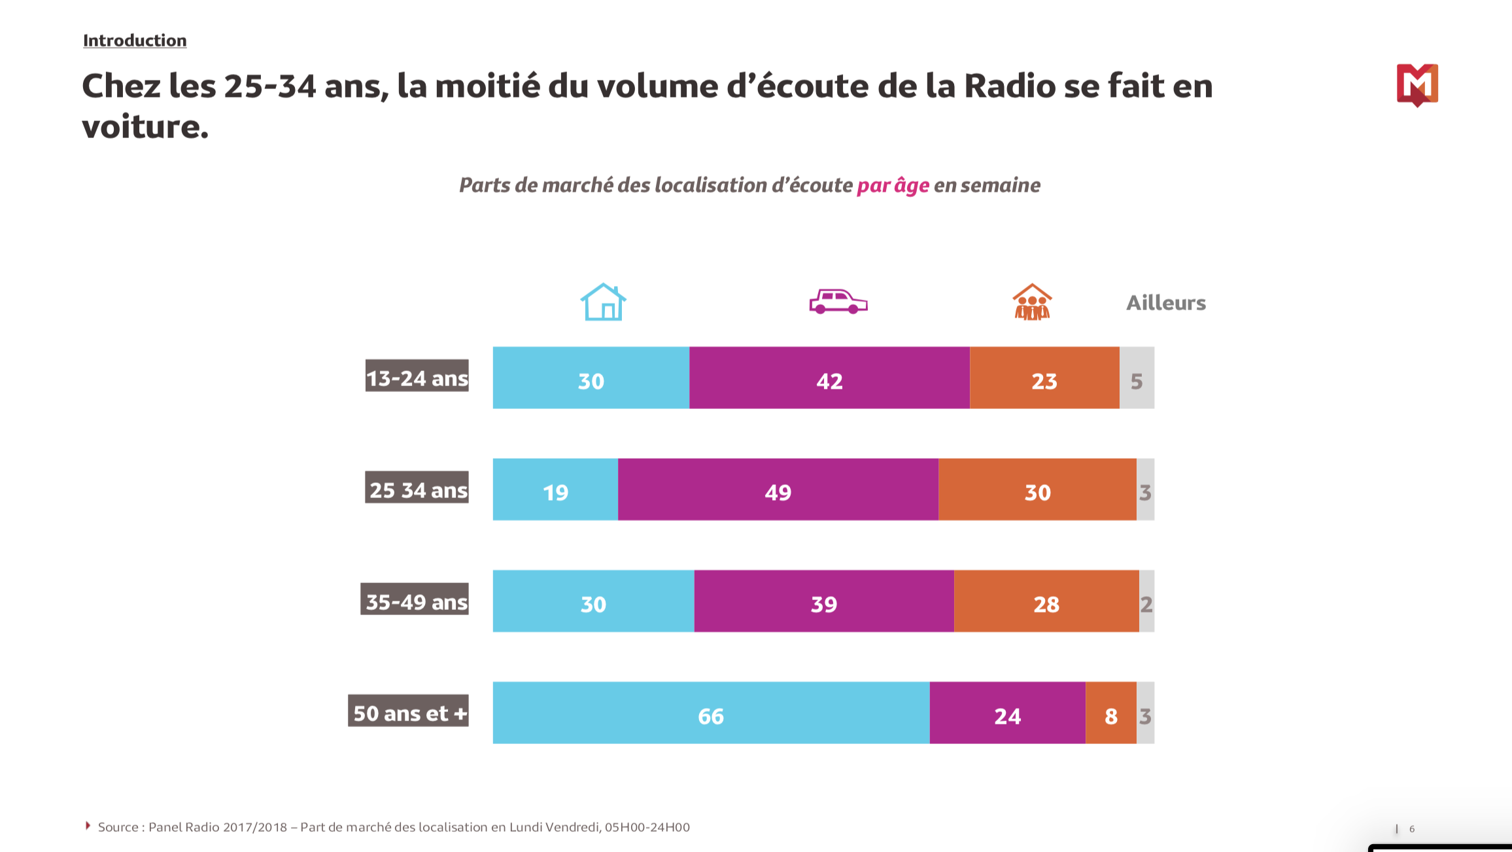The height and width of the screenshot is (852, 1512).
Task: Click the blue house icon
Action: click(603, 302)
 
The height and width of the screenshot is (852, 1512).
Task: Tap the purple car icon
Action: click(838, 302)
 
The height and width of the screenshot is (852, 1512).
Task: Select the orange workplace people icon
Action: click(1032, 302)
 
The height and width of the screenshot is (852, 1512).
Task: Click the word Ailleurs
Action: click(1165, 303)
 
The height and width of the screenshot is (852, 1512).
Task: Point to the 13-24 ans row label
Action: click(417, 378)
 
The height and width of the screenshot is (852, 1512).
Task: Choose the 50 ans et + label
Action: click(408, 713)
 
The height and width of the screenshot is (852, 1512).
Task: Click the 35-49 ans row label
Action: click(415, 601)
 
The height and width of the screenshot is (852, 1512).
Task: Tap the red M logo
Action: click(1417, 84)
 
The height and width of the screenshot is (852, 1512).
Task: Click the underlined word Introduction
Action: click(135, 41)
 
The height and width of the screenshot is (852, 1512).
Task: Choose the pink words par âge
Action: click(893, 186)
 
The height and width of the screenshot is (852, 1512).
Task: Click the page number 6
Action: click(1412, 829)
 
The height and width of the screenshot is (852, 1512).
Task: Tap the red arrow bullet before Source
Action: click(88, 826)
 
